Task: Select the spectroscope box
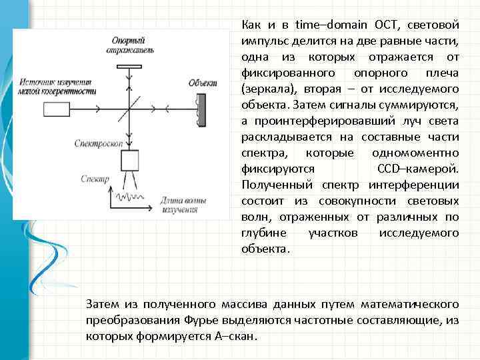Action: click(129, 161)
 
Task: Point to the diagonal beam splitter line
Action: click(129, 108)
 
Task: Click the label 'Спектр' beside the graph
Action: click(94, 179)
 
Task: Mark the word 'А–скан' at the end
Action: click(237, 336)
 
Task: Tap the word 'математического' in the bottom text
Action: click(409, 304)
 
